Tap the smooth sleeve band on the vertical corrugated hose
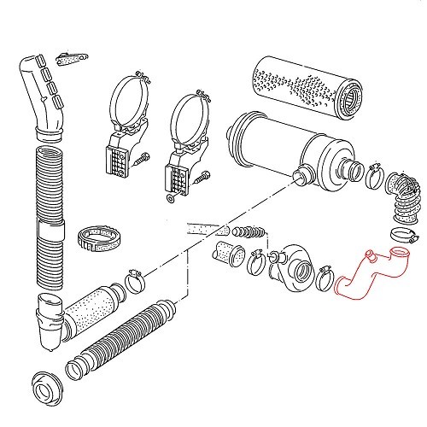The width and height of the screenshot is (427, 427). [x=51, y=233]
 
